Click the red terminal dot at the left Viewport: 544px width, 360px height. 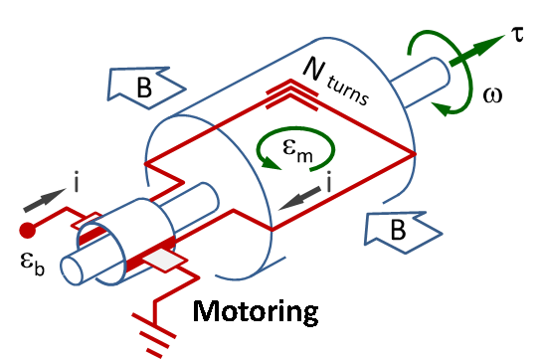pos(27,231)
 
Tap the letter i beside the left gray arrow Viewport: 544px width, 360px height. pos(76,183)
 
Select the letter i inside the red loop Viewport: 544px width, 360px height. pos(328,183)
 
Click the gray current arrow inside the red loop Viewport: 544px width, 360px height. pos(298,199)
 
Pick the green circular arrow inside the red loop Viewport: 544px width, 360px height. pos(295,148)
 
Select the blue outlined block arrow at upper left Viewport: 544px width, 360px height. pos(145,87)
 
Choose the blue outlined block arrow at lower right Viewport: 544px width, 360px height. pos(402,232)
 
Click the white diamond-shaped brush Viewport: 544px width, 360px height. pos(164,260)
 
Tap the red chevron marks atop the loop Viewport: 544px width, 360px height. pos(291,95)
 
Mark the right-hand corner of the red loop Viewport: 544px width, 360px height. pos(415,154)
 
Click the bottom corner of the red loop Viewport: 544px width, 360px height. pos(272,231)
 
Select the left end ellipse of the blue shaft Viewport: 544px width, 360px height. pos(72,270)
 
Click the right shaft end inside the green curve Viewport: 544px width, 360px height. pos(438,72)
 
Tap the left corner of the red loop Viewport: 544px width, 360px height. pos(145,163)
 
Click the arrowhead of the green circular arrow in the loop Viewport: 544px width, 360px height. pos(271,163)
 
